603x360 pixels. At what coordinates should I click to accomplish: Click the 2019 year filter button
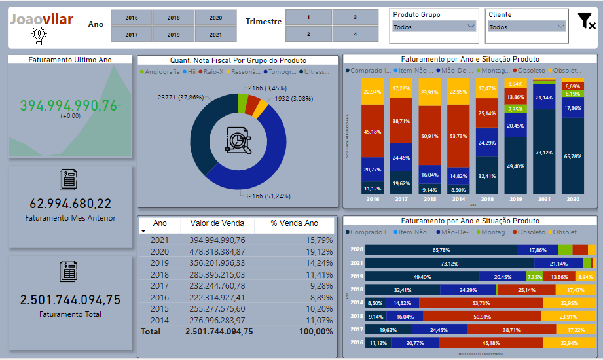174,35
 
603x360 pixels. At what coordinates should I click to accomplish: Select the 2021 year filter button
215,35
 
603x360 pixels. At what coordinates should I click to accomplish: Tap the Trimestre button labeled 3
355,18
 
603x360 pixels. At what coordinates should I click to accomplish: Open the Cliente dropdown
527,27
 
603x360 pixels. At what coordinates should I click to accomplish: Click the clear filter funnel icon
586,22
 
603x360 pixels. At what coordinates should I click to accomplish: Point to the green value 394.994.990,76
69,106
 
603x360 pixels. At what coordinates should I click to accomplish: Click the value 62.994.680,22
71,204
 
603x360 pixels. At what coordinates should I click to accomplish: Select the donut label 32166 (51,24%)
267,195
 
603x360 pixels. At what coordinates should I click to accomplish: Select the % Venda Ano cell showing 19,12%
320,251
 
